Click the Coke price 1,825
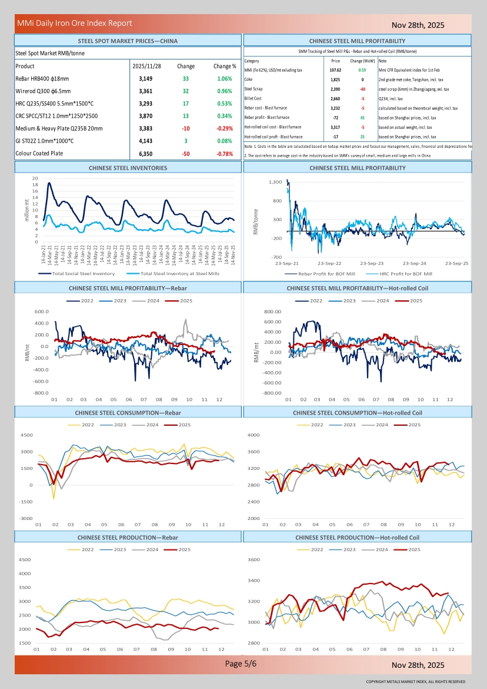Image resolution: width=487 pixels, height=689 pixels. (335, 79)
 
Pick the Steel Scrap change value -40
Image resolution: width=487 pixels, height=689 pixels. (362, 89)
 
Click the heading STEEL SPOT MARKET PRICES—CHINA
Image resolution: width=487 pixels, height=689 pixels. (128, 41)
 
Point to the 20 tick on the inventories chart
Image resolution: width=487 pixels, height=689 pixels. (35, 178)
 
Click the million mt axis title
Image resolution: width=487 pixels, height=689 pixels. (26, 210)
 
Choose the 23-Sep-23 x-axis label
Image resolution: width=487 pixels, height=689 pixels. (372, 263)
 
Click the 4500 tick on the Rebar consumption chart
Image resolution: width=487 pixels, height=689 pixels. (26, 435)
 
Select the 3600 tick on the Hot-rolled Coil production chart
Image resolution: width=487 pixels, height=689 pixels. (253, 559)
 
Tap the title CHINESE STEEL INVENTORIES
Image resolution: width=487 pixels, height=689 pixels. (128, 168)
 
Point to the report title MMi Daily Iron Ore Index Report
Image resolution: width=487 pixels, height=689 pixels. (75, 24)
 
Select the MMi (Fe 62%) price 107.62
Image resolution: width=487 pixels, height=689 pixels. (335, 70)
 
